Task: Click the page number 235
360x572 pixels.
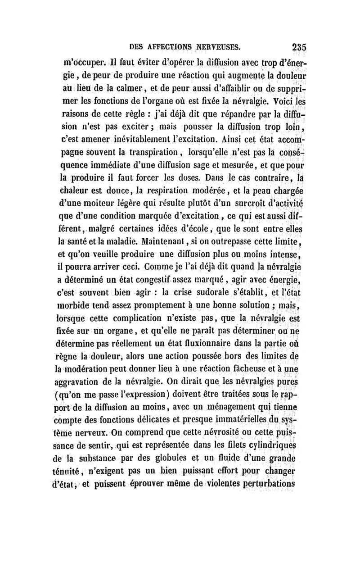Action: (x=299, y=46)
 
